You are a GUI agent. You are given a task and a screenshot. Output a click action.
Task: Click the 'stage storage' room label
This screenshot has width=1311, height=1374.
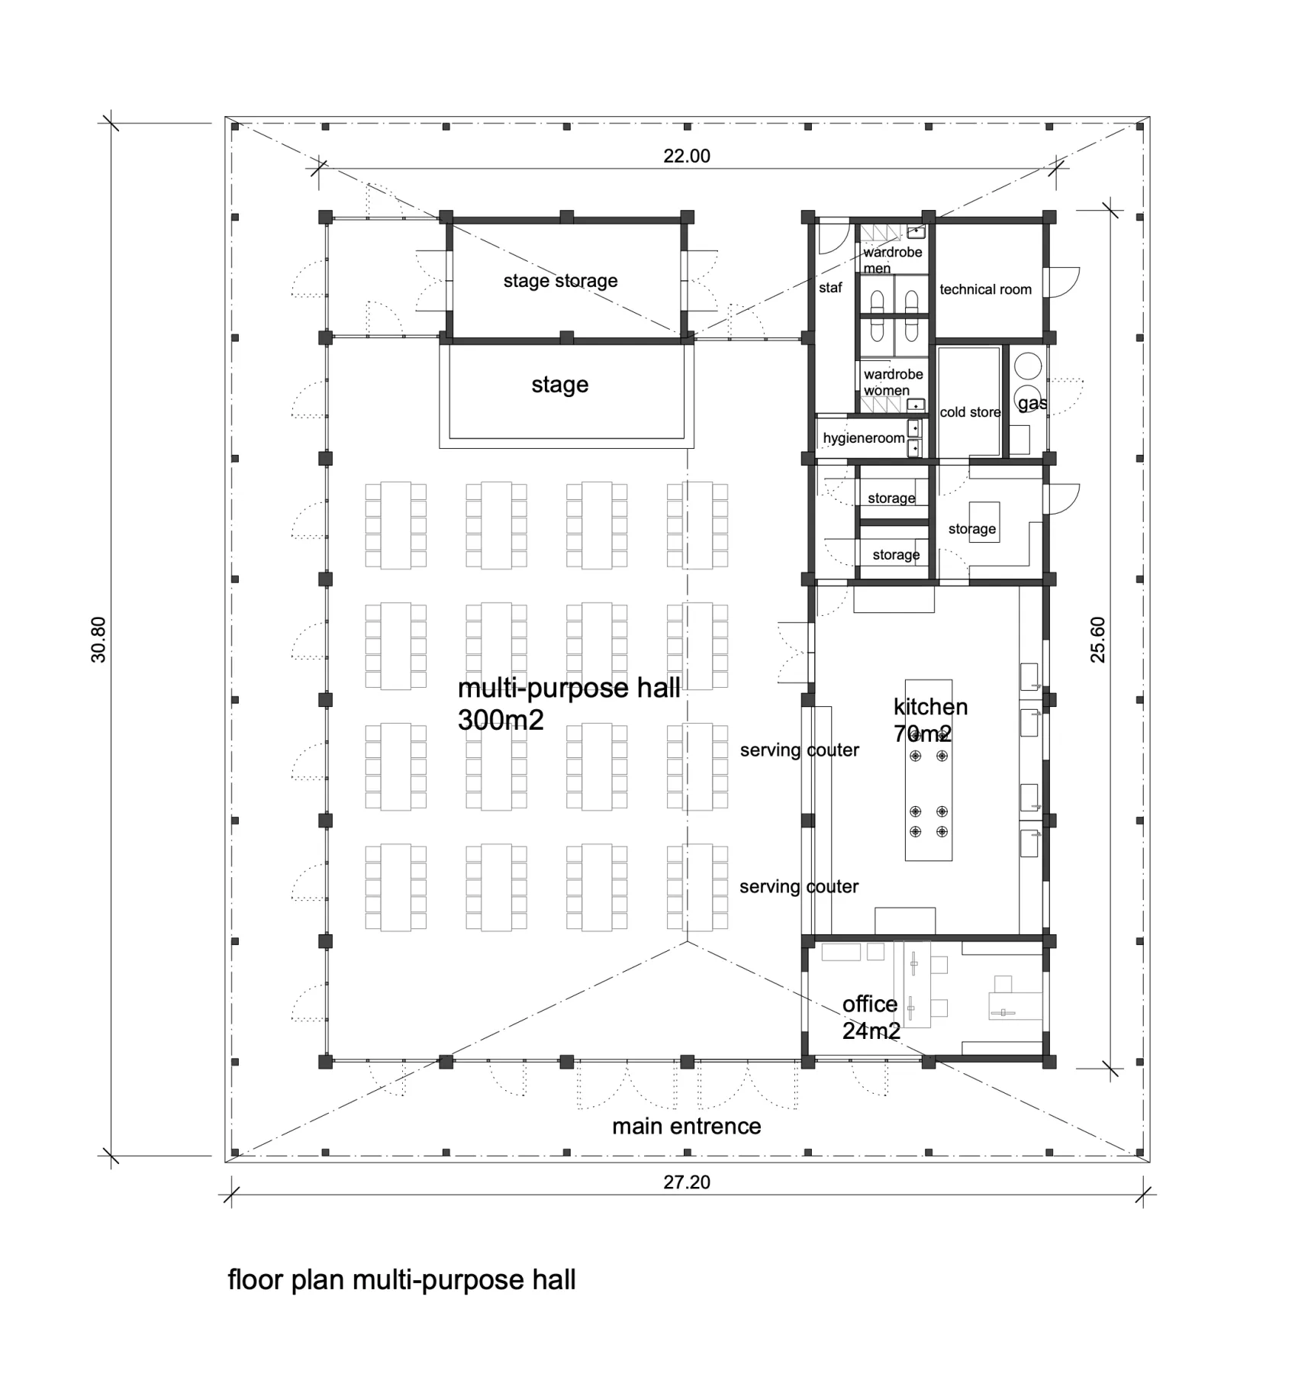coord(560,281)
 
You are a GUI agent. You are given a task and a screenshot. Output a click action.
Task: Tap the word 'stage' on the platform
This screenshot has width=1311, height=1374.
coord(560,385)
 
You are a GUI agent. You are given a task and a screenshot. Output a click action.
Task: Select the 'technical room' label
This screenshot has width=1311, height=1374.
coord(985,289)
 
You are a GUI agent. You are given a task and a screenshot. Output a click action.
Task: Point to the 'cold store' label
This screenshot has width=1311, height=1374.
coord(970,412)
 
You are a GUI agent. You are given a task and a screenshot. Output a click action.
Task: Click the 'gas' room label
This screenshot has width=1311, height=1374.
coord(1032,403)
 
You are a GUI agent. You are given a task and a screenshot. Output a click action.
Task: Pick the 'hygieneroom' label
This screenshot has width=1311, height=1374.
coord(864,438)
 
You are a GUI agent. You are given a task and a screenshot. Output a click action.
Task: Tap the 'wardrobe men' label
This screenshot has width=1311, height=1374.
coord(893,260)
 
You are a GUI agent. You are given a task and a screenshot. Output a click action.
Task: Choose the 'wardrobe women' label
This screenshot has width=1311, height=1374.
coord(894,382)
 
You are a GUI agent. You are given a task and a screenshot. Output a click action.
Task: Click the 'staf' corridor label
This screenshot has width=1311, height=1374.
coord(830,288)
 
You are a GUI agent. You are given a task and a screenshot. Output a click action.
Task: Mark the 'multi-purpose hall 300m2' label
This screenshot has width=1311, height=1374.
coord(569,704)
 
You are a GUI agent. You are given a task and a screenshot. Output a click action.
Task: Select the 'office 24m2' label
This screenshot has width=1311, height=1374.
coord(871,1018)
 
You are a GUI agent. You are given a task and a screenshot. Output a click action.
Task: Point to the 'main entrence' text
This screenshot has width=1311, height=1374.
coord(687,1127)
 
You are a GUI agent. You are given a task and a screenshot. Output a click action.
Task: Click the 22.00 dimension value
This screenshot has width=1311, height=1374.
coord(687,156)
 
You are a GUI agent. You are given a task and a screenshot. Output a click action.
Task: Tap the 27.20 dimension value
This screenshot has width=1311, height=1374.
coord(687,1182)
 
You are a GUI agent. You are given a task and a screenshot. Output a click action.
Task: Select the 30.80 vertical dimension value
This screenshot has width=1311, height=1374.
coord(98,640)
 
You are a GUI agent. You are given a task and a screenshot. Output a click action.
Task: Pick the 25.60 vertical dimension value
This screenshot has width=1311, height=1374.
coord(1097,640)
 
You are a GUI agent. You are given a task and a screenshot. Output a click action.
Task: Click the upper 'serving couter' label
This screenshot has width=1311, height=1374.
coord(800,750)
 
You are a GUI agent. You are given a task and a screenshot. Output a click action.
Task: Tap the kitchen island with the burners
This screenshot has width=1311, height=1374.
coord(929,770)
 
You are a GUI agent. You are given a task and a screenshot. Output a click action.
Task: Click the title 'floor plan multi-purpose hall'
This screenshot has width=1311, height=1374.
coord(402,1280)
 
